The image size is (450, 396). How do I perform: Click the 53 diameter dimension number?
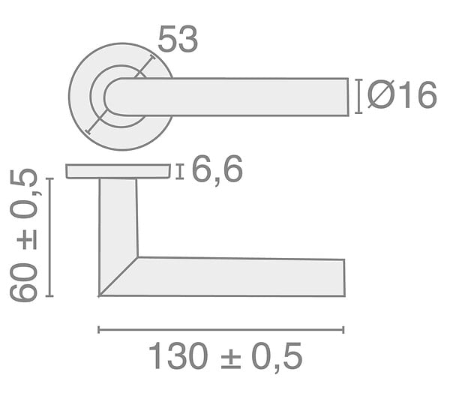pyautogui.click(x=178, y=39)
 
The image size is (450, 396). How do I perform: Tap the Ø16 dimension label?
pyautogui.click(x=402, y=95)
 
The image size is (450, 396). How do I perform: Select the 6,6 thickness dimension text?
pyautogui.click(x=217, y=170)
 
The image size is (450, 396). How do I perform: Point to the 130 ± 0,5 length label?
pyautogui.click(x=225, y=356)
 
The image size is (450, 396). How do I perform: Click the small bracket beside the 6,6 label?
pyautogui.click(x=180, y=172)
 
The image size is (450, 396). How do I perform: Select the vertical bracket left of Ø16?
pyautogui.click(x=358, y=97)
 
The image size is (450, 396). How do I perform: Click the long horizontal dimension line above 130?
pyautogui.click(x=221, y=330)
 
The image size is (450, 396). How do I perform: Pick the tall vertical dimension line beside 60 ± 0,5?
pyautogui.click(x=50, y=237)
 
